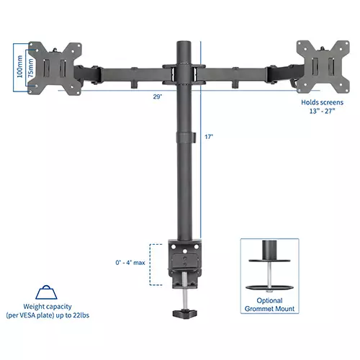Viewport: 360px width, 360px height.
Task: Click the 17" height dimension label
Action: [209, 136]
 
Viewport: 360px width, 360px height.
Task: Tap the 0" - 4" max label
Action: [130, 262]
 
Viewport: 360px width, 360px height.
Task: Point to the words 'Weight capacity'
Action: [48, 307]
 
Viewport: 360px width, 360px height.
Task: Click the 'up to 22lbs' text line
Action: [48, 316]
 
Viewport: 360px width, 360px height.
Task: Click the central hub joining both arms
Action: [181, 72]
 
